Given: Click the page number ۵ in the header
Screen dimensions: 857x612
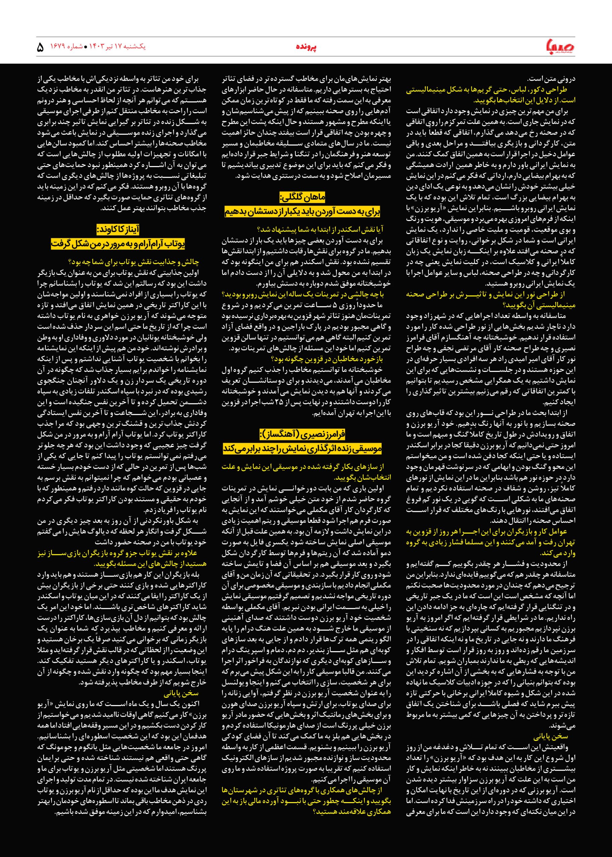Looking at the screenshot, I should click(40, 48).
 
